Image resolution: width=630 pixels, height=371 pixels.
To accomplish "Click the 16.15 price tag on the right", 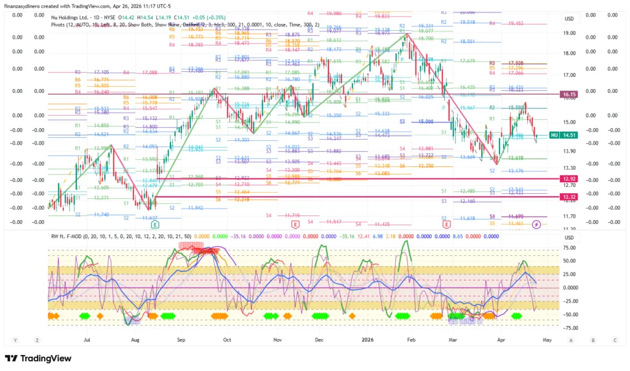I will [x=568, y=95].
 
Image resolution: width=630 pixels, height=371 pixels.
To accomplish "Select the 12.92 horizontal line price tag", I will [x=568, y=178].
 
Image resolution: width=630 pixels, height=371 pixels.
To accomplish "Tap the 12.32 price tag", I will [x=568, y=197].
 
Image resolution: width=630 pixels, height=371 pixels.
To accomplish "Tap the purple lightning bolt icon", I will [x=536, y=225].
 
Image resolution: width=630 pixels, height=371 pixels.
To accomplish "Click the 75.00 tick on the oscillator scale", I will [x=568, y=249].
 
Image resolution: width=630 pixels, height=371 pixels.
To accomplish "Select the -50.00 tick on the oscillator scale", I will [x=568, y=314].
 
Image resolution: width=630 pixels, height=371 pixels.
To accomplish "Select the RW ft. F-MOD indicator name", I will [x=68, y=236].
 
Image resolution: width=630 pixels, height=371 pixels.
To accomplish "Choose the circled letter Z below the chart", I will [x=37, y=340].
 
